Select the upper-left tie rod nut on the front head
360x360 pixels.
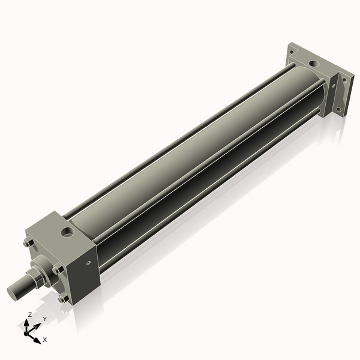coord(28,243)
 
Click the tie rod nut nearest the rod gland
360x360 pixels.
coord(58,269)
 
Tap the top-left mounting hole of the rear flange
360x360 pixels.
coord(292,52)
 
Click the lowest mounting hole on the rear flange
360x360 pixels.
coord(338,110)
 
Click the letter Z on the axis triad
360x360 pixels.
coord(30,314)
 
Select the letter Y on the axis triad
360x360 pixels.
coord(44,319)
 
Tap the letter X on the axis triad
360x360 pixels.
coord(44,340)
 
